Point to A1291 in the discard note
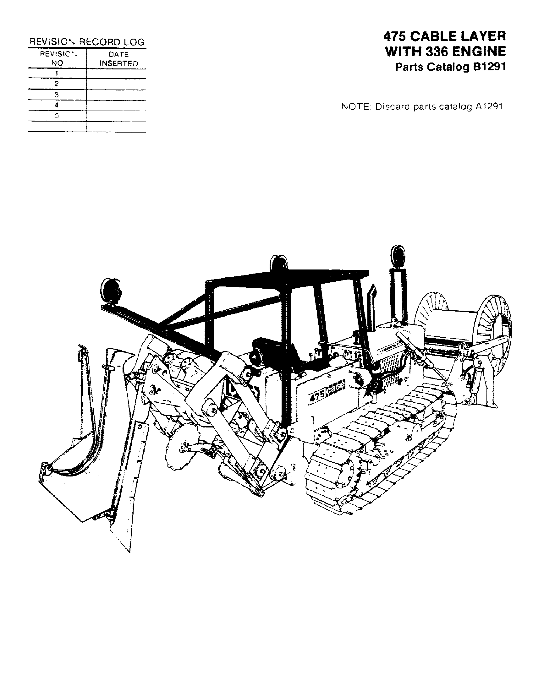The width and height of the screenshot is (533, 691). point(489,107)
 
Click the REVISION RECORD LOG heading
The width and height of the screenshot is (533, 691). point(87,42)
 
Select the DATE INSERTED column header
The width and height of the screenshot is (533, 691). point(119,59)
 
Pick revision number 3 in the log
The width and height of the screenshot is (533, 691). point(57,95)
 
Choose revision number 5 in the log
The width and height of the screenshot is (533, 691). point(57,116)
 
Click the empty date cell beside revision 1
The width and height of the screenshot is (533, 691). point(116,73)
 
